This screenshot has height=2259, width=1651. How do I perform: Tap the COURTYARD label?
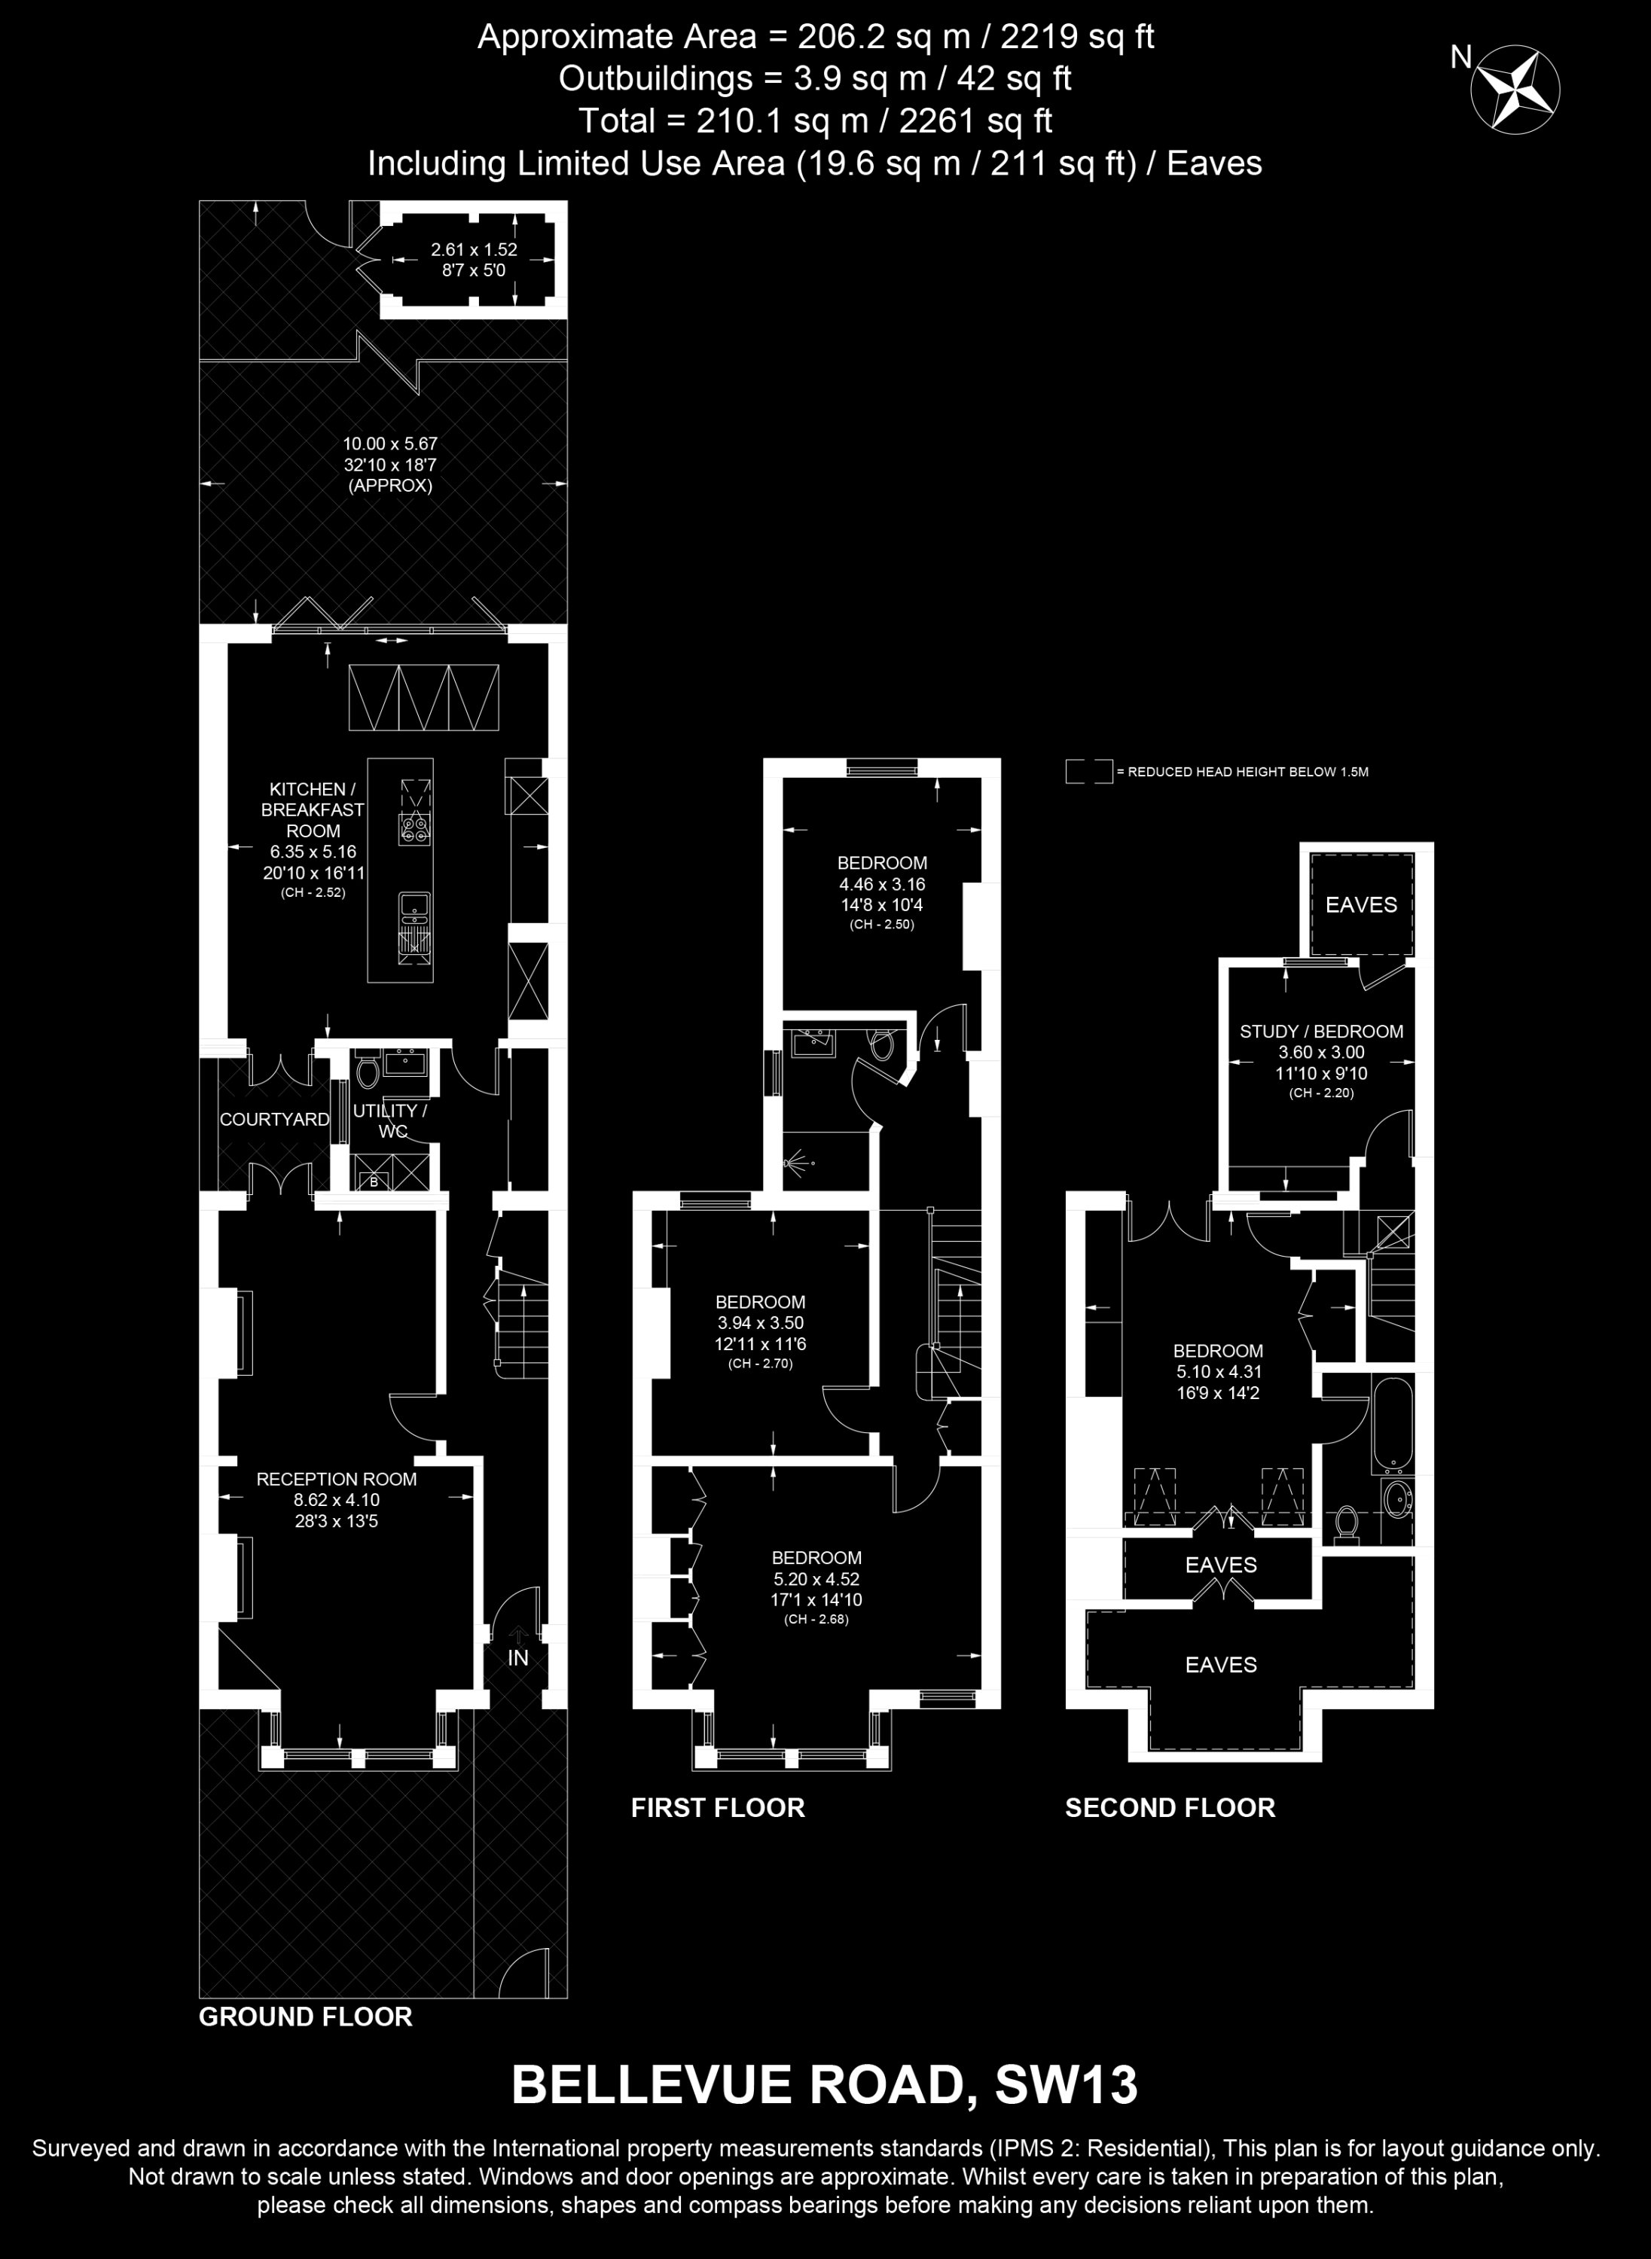pyautogui.click(x=274, y=1119)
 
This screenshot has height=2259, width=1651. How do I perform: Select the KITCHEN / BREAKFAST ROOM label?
pyautogui.click(x=313, y=809)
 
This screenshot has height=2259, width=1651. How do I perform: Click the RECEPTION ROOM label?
pyautogui.click(x=337, y=1479)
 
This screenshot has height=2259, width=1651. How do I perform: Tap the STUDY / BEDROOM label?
pyautogui.click(x=1321, y=1031)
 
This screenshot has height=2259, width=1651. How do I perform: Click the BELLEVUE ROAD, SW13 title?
pyautogui.click(x=825, y=2086)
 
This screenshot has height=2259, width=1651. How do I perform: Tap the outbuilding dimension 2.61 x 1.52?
pyautogui.click(x=474, y=250)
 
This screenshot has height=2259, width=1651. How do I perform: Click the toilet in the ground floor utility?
pyautogui.click(x=367, y=1070)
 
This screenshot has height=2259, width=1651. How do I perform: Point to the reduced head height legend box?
pyautogui.click(x=1088, y=771)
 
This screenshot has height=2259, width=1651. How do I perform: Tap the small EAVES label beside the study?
pyautogui.click(x=1361, y=904)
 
